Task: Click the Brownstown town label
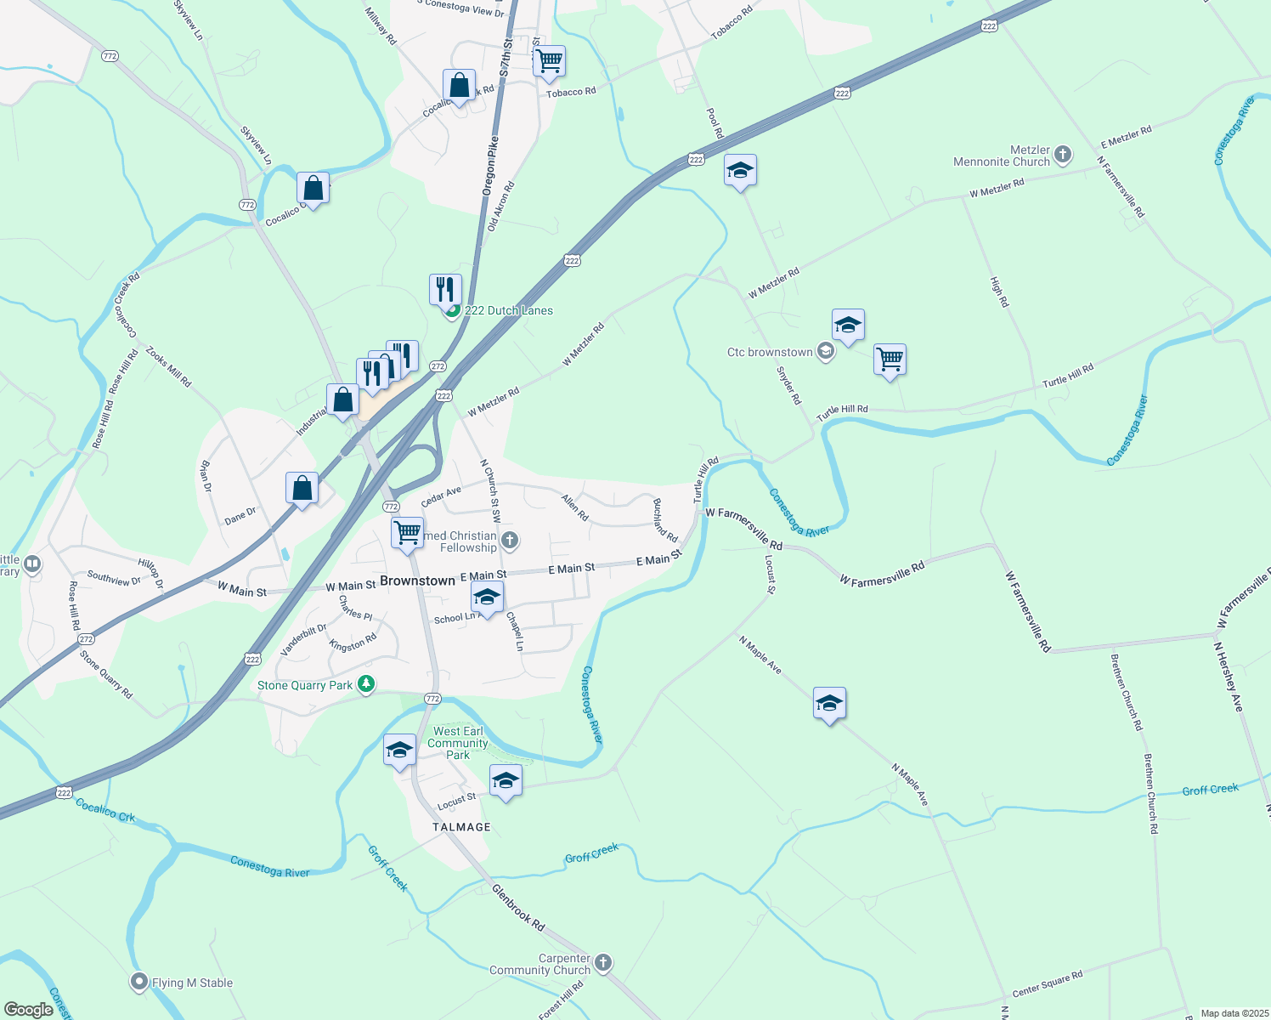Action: (417, 581)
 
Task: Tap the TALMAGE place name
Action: (461, 827)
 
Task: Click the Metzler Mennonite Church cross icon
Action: (1063, 155)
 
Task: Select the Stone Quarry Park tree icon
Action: (366, 684)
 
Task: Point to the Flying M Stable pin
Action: (139, 983)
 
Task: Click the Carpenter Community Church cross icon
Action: (603, 963)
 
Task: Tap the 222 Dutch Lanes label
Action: (508, 311)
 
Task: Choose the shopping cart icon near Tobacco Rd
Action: (550, 61)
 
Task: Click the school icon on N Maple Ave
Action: (829, 704)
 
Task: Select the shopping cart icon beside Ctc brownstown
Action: (890, 360)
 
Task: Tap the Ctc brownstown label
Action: (770, 352)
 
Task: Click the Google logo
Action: (28, 1010)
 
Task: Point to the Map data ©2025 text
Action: (1234, 1013)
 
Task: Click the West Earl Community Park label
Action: (458, 743)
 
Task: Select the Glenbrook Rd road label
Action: (517, 907)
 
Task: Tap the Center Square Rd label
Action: (1048, 984)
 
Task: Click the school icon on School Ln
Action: (487, 598)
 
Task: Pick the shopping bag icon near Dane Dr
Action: (302, 489)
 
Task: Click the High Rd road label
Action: (999, 292)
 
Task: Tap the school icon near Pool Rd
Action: (740, 171)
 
